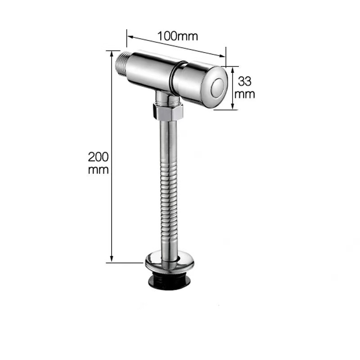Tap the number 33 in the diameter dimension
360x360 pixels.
[x=244, y=81]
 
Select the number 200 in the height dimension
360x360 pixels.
[x=98, y=157]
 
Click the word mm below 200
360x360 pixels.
[x=98, y=170]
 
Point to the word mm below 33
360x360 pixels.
[x=246, y=94]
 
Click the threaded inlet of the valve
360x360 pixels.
[x=123, y=63]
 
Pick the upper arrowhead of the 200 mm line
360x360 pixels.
[x=112, y=53]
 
